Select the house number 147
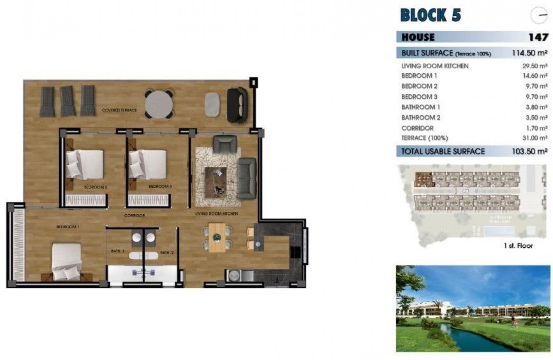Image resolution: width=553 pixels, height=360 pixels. coord(538,37)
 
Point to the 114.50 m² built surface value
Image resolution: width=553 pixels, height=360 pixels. coord(530,53)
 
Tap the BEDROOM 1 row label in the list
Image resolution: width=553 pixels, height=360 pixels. coord(416,76)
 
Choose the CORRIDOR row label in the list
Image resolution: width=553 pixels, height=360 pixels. coord(417,128)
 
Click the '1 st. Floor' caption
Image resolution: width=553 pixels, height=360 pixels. coord(518,246)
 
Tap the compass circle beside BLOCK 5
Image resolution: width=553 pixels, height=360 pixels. coord(539,16)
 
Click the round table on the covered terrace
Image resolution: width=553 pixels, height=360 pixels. coord(159,104)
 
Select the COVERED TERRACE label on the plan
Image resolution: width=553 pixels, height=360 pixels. coord(119,110)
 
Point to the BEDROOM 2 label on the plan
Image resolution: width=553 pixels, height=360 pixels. coord(95,187)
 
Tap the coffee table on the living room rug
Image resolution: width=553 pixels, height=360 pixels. coord(216,182)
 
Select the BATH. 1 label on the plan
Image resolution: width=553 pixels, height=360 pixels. coord(117,252)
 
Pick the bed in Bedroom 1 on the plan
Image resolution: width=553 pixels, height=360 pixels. coord(66,261)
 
